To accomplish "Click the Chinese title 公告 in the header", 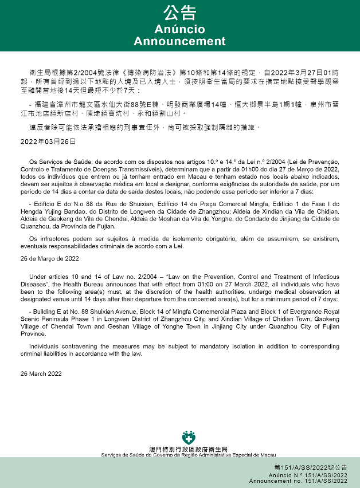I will [179, 13].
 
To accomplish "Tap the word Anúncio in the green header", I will [179, 29].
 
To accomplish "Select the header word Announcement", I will [179, 41].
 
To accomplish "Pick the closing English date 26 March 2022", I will [41, 374].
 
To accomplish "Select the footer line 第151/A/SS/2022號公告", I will [311, 468].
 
